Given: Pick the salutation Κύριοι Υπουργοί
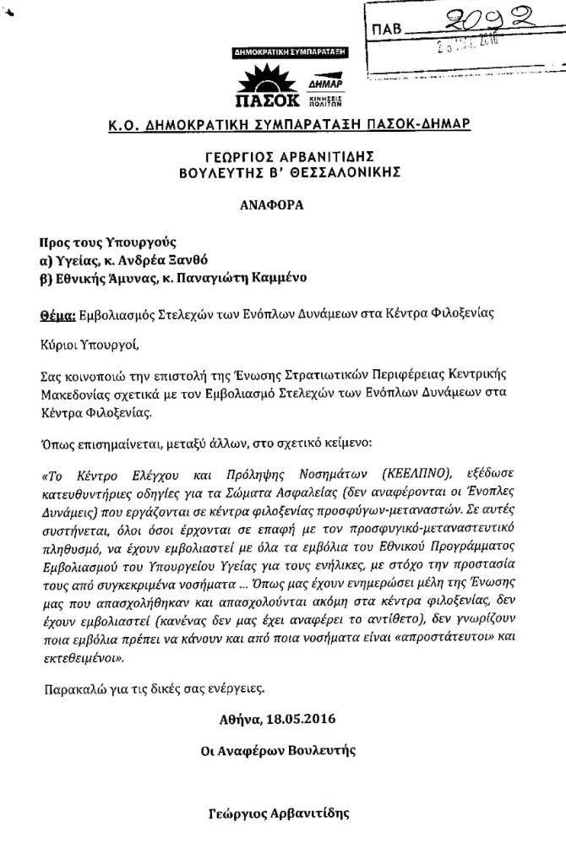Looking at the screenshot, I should (86, 344).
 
